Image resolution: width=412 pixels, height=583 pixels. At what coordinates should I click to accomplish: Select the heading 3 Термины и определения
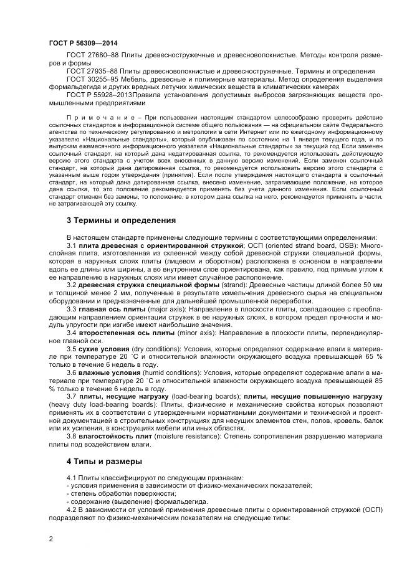pos(122,220)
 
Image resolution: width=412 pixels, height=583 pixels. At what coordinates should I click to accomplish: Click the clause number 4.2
pos(72,511)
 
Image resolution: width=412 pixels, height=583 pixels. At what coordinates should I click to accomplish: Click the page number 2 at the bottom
pos(50,539)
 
